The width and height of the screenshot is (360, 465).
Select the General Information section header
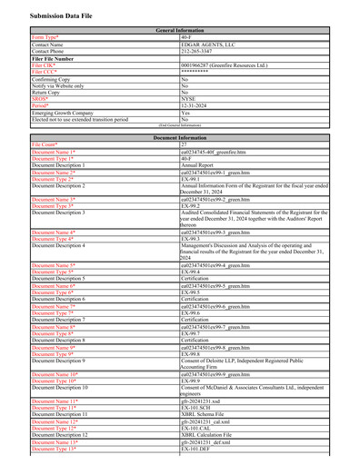click(180, 30)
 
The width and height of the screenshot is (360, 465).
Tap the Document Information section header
click(180, 137)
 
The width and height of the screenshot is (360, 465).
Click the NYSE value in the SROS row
click(189, 98)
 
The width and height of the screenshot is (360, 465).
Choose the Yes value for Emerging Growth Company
click(185, 113)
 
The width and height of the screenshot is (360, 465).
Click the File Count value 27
click(185, 144)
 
